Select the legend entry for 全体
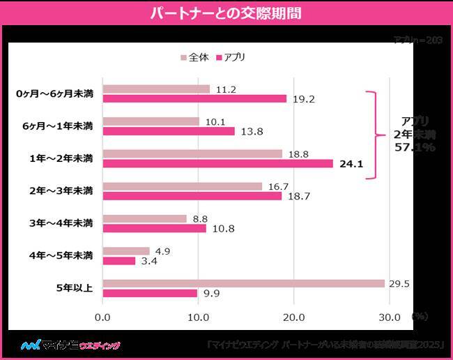tap(198, 57)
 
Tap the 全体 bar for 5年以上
tap(243, 283)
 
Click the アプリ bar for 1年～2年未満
tap(217, 164)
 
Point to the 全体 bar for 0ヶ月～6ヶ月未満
tap(156, 89)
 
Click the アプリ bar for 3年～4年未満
tap(154, 228)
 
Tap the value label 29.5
tap(399, 283)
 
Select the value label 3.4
tap(148, 261)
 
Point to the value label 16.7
tap(278, 186)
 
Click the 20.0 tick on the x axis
tap(293, 317)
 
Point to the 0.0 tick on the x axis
tap(102, 317)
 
